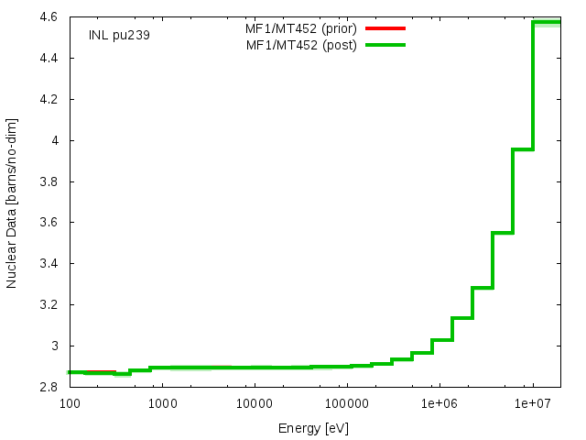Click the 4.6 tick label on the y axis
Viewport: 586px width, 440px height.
click(x=49, y=17)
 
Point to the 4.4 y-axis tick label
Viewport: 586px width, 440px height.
click(x=49, y=59)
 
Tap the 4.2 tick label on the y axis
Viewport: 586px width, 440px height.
click(x=49, y=100)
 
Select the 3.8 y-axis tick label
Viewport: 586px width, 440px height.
click(x=49, y=181)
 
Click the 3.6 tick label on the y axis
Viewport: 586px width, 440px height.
click(x=49, y=222)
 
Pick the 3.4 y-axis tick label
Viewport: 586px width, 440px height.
click(x=49, y=263)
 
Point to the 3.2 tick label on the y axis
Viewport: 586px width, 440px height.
click(x=49, y=304)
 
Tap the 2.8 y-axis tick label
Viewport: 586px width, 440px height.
click(x=49, y=387)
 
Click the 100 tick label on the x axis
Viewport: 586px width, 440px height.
click(x=70, y=403)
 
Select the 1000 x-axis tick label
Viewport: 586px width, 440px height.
click(x=163, y=403)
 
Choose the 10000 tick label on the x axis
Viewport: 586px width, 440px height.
click(x=255, y=403)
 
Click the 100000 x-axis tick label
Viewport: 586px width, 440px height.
click(x=348, y=403)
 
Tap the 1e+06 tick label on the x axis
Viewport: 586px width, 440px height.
click(x=439, y=403)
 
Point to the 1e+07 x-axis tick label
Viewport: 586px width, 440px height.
click(x=533, y=403)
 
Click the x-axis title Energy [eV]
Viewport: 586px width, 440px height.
click(x=313, y=428)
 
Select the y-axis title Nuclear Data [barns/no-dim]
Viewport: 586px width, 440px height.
click(x=11, y=203)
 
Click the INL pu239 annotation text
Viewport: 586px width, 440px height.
click(x=119, y=35)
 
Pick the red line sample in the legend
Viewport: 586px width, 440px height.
click(x=385, y=28)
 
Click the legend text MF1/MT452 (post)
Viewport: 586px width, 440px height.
click(x=301, y=45)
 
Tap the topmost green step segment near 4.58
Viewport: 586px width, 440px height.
click(x=547, y=22)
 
